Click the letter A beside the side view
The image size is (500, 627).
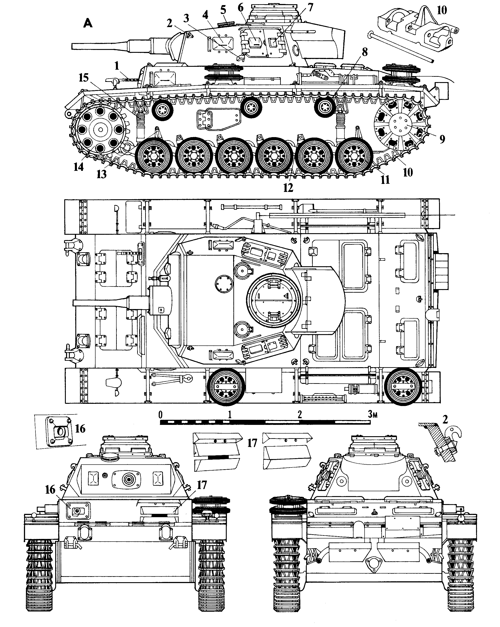88,23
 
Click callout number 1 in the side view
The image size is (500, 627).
117,66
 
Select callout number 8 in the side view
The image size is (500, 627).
365,52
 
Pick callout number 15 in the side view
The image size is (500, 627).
84,78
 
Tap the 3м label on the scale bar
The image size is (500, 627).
373,414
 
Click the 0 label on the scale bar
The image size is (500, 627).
161,414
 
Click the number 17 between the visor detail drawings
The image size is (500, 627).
252,443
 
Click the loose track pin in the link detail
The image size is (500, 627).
401,48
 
